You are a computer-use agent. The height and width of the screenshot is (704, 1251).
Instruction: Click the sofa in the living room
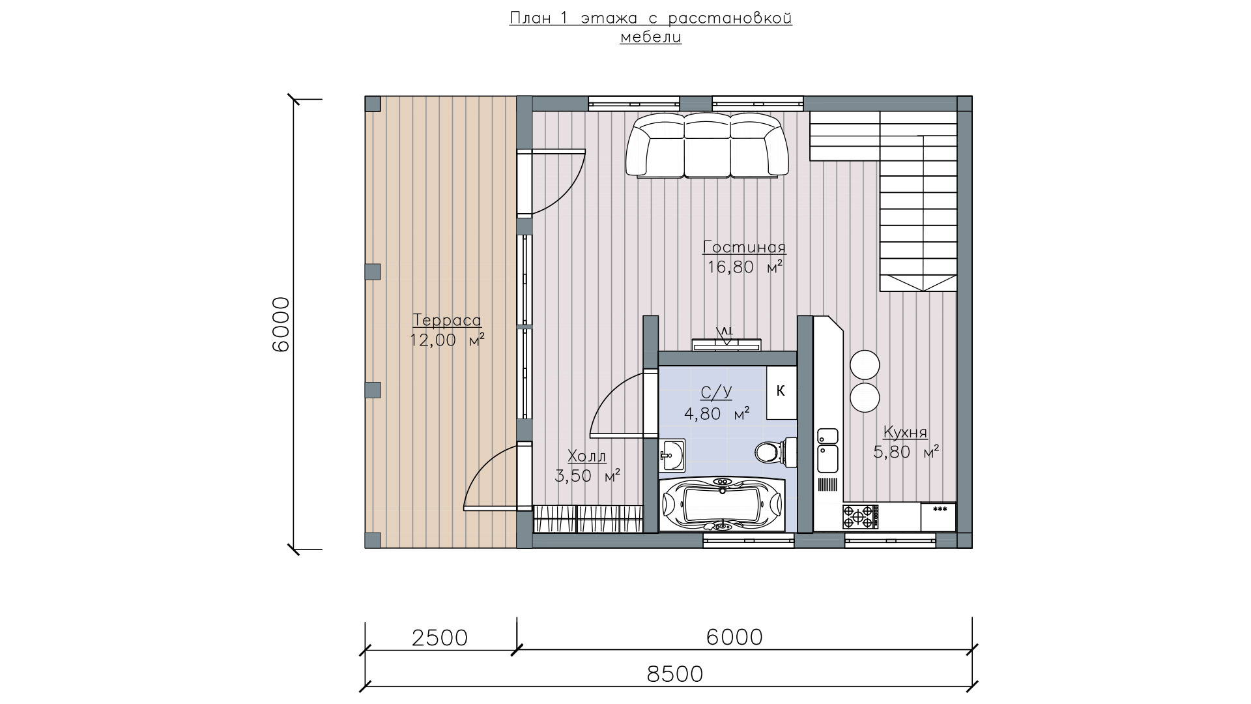[707, 145]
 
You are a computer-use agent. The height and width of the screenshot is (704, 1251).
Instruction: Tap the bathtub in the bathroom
[723, 505]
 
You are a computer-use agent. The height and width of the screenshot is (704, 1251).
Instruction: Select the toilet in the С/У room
[775, 452]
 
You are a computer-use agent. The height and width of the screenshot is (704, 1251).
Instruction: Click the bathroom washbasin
[672, 454]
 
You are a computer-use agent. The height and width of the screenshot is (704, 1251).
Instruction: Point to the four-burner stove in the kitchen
[860, 516]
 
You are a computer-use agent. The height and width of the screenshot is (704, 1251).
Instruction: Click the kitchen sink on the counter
[828, 450]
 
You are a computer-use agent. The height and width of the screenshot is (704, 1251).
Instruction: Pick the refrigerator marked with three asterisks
[938, 517]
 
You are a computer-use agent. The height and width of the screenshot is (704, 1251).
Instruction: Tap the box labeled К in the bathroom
[781, 392]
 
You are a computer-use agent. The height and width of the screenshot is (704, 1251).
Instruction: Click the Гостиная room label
[745, 248]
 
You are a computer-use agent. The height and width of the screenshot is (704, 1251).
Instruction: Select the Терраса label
[447, 321]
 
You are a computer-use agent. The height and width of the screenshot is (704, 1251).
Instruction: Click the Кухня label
[905, 432]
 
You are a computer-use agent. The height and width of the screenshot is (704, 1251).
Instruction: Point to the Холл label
[586, 456]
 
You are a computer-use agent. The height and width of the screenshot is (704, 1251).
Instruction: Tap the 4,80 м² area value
[717, 413]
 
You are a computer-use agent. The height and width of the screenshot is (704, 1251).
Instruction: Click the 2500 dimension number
[440, 638]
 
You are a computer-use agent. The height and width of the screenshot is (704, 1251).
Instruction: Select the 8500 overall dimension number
[675, 674]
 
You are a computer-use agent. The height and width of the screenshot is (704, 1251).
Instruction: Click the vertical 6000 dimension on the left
[280, 324]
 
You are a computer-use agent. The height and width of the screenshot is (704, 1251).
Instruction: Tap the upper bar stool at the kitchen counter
[865, 364]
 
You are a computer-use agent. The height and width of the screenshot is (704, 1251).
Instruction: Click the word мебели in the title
[650, 37]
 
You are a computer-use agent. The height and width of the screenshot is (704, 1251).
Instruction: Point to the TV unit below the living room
[727, 344]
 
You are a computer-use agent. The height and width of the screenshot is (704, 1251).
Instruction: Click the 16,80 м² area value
[745, 267]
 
